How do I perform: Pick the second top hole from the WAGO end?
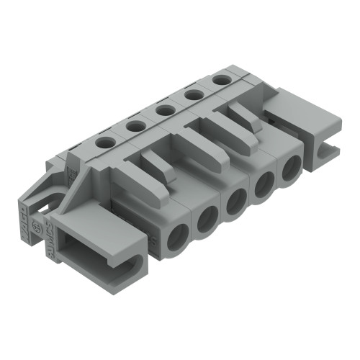[x=134, y=126]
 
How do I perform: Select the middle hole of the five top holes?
[x=163, y=109]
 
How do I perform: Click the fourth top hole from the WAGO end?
[x=191, y=94]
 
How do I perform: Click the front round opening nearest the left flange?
[x=177, y=238]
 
